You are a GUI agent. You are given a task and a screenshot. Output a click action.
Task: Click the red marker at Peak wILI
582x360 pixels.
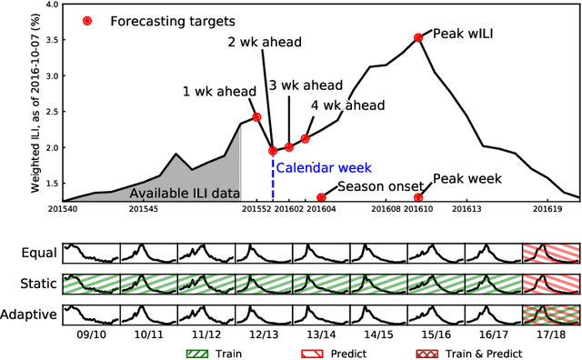coord(418,37)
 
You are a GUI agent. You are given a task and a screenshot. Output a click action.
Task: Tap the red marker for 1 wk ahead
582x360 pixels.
coord(256,116)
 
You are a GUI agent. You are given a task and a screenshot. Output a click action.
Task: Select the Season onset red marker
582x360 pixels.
coord(321,197)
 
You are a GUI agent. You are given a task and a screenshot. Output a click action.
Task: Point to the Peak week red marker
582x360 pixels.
coord(418,197)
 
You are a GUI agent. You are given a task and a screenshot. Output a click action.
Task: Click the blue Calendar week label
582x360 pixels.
coord(316,168)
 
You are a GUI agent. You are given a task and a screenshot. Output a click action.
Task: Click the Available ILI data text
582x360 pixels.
coord(183,194)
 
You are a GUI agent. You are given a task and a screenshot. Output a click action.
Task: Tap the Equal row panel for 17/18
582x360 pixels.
coord(551,254)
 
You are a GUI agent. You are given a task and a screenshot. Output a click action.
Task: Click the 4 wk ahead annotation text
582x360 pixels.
coord(341,105)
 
